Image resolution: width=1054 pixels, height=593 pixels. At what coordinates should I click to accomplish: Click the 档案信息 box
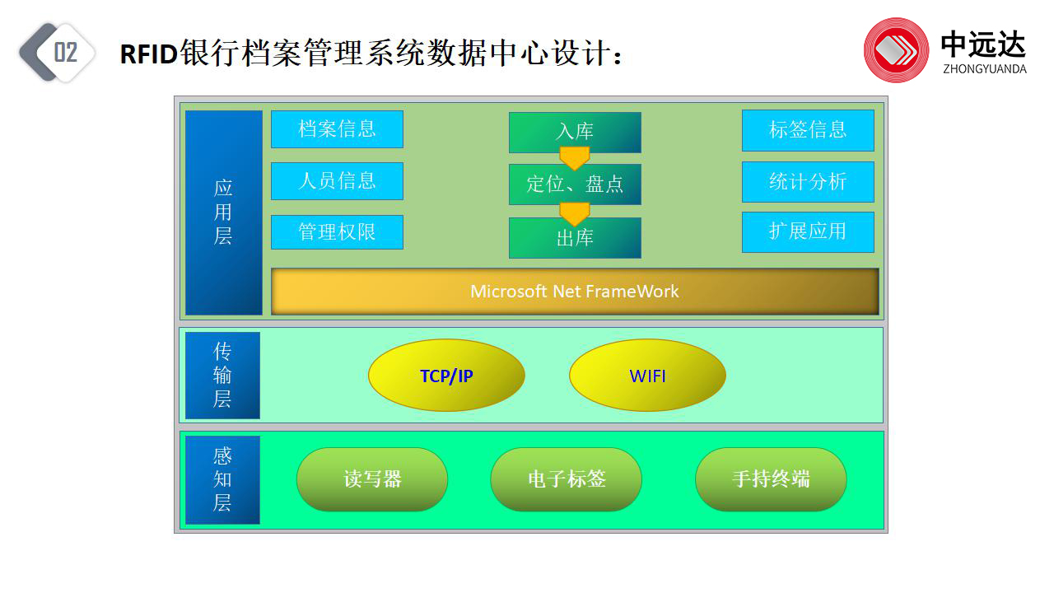[337, 129]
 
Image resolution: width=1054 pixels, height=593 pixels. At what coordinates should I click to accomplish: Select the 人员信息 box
[337, 181]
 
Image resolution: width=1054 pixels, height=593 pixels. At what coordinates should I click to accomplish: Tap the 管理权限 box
[337, 232]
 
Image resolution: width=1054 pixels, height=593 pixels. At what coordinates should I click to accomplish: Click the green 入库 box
[575, 132]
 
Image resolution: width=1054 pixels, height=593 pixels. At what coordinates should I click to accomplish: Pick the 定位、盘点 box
[575, 184]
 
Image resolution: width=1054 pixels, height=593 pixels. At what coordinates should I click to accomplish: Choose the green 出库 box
[575, 238]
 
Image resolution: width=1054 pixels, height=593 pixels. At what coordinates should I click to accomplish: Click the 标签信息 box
[808, 130]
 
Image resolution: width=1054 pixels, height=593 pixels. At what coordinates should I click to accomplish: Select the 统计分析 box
[808, 182]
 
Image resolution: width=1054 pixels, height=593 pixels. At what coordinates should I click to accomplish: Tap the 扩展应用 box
[808, 232]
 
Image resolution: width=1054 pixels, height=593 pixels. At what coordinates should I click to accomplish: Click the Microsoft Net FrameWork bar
[575, 292]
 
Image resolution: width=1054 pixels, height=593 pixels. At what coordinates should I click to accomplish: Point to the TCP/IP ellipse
[446, 376]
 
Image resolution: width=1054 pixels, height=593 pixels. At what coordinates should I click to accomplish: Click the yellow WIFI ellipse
[647, 376]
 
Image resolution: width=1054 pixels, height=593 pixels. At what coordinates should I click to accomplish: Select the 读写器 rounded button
[372, 479]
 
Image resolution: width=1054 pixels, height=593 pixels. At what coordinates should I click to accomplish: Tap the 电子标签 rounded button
[566, 479]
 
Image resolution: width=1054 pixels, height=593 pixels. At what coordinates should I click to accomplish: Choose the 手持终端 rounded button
[771, 479]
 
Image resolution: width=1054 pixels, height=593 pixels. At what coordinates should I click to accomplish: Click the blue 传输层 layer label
[222, 376]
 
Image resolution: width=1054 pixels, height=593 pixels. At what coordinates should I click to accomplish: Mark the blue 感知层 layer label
[222, 479]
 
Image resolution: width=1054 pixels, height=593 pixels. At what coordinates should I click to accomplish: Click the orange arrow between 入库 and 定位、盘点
[575, 158]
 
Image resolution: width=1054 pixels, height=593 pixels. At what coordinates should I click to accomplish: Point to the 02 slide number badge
[58, 52]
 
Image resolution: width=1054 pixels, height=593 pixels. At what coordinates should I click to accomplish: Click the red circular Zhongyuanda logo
[896, 50]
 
